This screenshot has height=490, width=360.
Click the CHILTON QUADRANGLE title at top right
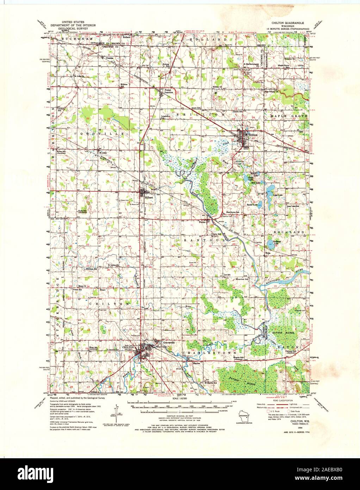tap(288, 22)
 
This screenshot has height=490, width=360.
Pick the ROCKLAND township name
tap(290, 232)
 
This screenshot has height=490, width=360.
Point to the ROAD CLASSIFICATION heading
tap(278, 400)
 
